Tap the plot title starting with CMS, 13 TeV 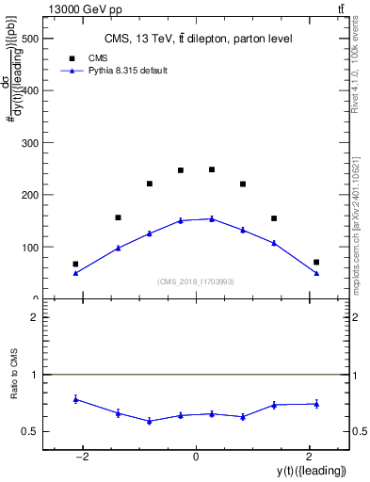coord(198,39)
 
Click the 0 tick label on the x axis coord(196,457)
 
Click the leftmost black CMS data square coord(75,265)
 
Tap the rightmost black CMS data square coord(316,262)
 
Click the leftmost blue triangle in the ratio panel coord(75,399)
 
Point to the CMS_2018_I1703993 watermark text coord(197,281)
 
